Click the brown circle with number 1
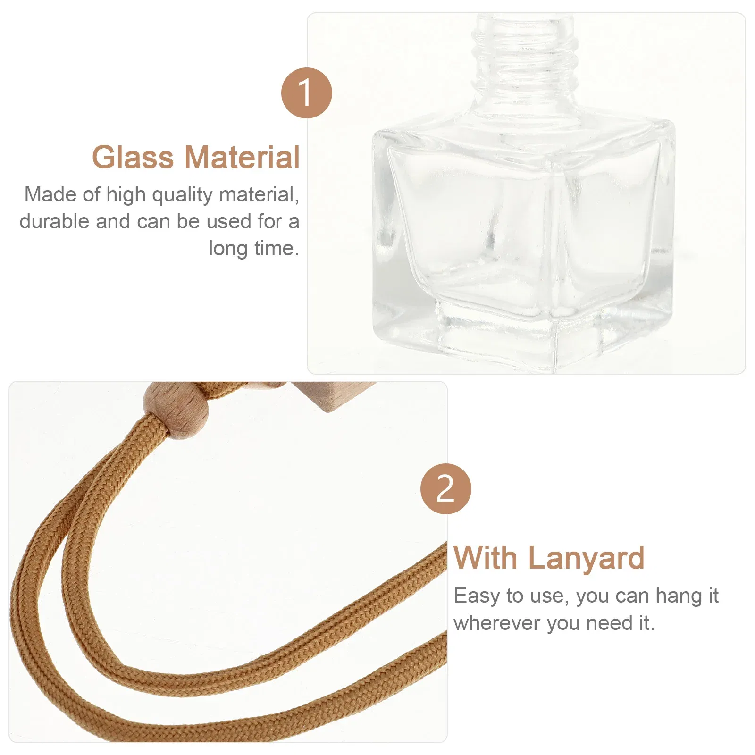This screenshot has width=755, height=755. point(307,93)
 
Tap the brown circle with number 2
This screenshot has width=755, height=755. point(445,489)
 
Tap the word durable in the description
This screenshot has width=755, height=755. point(54,221)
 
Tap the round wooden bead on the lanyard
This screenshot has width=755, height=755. point(176,410)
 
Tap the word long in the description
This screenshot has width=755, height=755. point(228,249)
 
